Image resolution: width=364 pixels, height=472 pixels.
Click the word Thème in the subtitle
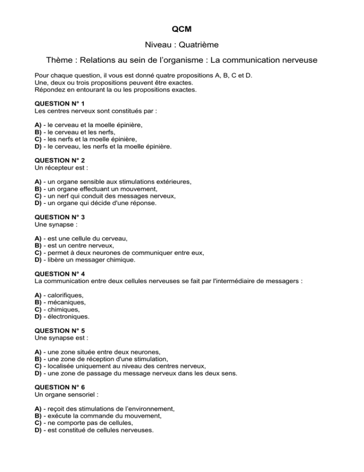[x=60, y=61]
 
